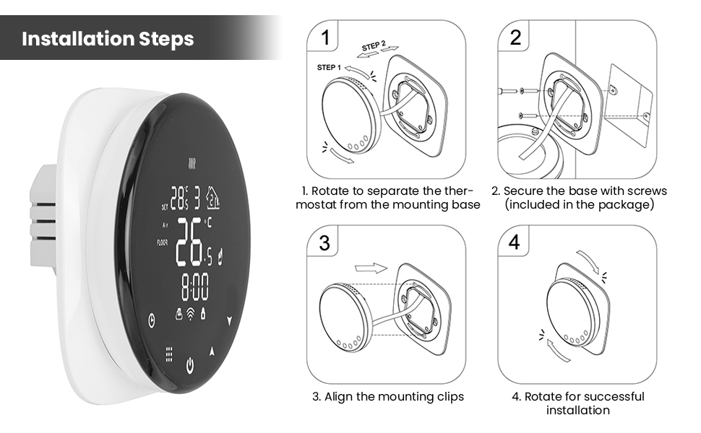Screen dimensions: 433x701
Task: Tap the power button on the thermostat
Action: coord(189,364)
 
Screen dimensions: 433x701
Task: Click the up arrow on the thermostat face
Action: coord(212,351)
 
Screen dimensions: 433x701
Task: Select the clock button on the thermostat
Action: coord(151,320)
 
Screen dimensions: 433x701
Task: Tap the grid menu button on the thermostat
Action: coord(168,354)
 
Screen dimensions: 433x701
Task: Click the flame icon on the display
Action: coord(220,254)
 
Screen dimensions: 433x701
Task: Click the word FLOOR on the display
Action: coord(163,242)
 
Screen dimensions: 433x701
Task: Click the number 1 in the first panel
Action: coord(327,38)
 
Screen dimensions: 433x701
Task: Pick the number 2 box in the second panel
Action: coord(515,38)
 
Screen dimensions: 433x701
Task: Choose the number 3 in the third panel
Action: coord(324,243)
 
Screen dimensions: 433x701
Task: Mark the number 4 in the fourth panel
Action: coord(514,243)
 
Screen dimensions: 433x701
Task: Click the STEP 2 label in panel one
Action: coord(374,46)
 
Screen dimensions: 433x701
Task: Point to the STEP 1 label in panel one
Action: coord(329,67)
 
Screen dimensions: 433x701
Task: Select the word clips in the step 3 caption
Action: coord(444,396)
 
